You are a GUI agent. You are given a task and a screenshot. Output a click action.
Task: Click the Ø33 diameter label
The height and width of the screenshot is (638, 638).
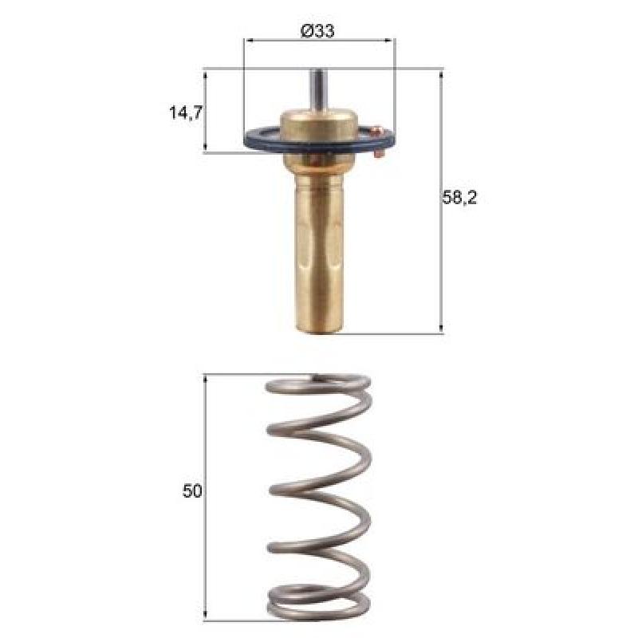[x=317, y=31]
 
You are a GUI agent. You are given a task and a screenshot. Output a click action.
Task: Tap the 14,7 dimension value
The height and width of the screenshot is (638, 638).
[x=186, y=112]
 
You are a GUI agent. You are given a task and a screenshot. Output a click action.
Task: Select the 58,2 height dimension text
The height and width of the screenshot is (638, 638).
[x=459, y=198]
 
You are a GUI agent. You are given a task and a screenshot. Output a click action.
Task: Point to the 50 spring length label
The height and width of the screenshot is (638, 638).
[x=192, y=490]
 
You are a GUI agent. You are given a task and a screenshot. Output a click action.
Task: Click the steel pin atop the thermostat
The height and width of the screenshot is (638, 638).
[x=318, y=89]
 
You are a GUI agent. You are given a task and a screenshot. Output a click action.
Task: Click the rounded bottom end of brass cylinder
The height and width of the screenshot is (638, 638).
[x=320, y=329]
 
